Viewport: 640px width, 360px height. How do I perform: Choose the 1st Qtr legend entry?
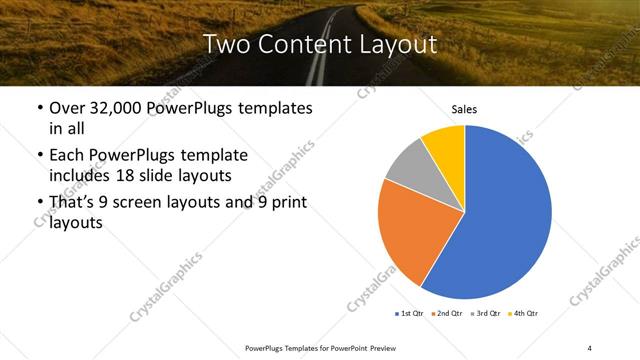(x=411, y=314)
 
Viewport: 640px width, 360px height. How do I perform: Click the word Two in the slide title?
(x=226, y=44)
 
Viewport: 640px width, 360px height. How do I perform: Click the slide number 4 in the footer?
(x=589, y=347)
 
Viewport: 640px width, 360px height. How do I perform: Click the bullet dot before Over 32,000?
(x=39, y=109)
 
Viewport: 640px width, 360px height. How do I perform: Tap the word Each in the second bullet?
(x=68, y=156)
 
